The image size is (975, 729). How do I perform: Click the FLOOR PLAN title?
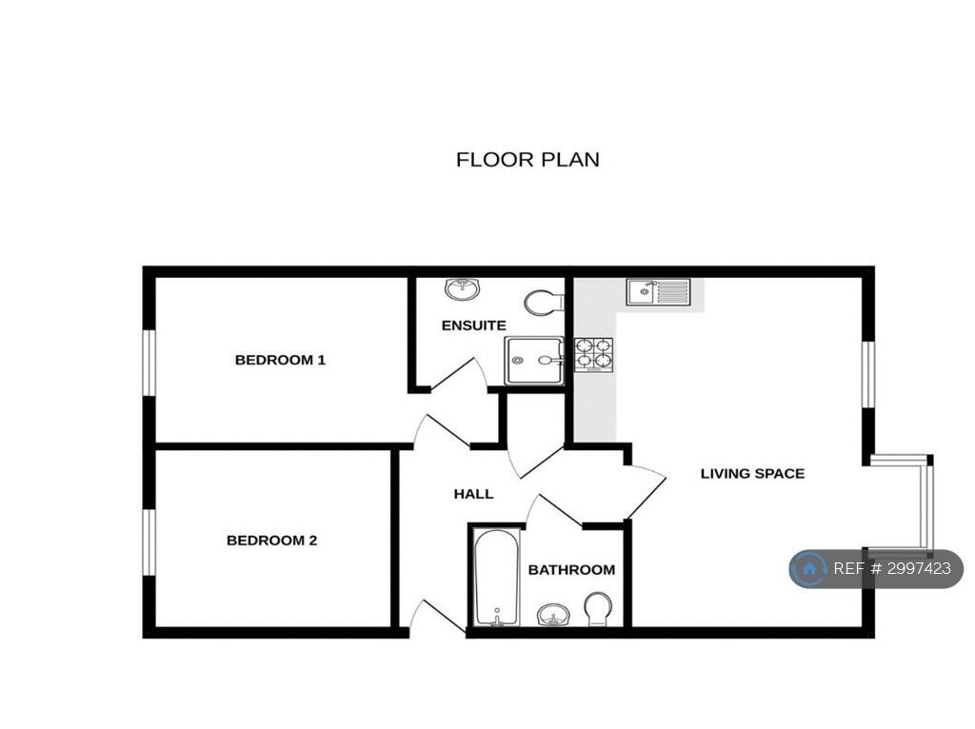[527, 160]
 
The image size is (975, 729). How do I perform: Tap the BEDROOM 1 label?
[281, 360]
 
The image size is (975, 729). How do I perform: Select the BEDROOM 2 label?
[271, 541]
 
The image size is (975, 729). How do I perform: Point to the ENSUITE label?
[474, 325]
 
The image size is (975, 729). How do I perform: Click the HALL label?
[474, 494]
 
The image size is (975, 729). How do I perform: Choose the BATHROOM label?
[571, 570]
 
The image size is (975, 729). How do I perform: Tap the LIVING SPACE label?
[752, 474]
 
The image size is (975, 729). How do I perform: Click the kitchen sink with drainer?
[659, 291]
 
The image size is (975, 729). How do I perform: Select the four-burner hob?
[593, 355]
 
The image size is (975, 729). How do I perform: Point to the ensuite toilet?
[542, 303]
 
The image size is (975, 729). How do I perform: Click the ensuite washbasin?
[463, 289]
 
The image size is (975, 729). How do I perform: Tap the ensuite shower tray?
[534, 361]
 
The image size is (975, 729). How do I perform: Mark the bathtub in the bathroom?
[496, 578]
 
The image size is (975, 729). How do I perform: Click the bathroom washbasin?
[553, 615]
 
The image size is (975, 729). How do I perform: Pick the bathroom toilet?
[598, 610]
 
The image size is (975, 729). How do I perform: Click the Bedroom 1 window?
[149, 363]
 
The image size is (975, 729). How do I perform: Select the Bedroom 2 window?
[149, 542]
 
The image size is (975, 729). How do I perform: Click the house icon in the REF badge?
[809, 569]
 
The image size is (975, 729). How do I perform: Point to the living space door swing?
[647, 492]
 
